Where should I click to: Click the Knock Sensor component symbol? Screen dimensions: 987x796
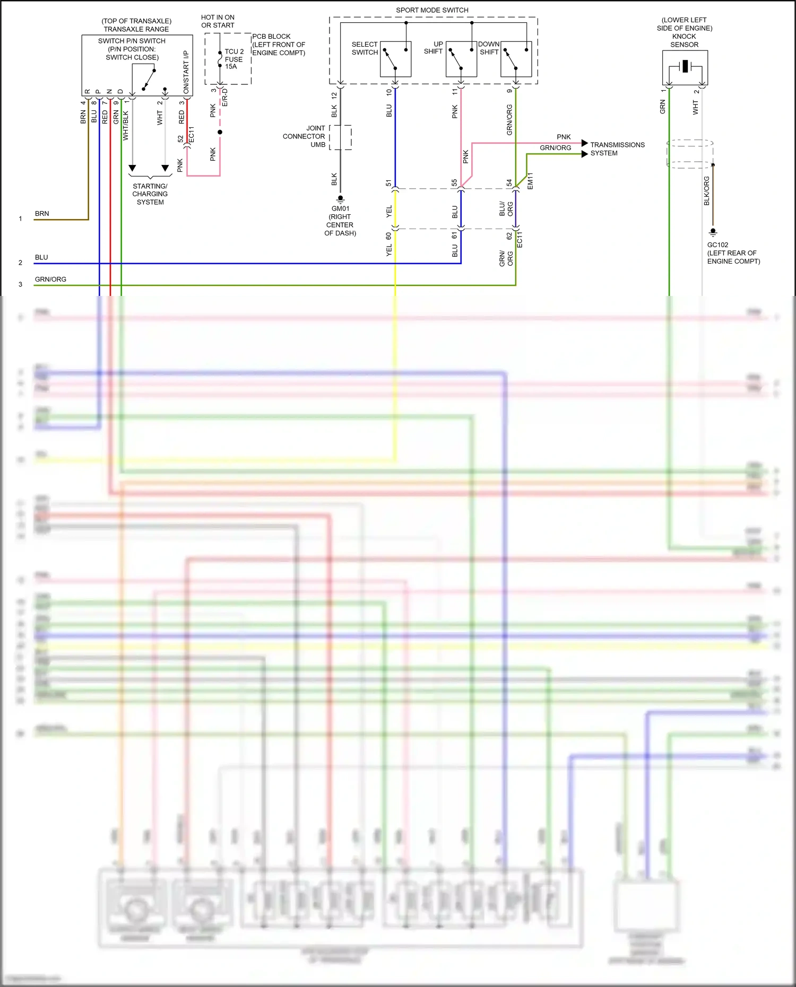(685, 67)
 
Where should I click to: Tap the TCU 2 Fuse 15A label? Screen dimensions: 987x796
(234, 59)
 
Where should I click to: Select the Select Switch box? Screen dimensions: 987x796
(395, 59)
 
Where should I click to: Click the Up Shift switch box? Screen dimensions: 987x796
(461, 59)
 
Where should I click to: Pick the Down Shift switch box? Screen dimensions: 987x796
(516, 59)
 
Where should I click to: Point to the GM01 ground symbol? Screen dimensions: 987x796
(340, 199)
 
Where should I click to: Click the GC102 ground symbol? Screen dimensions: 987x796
(713, 232)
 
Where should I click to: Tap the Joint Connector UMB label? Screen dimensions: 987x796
(304, 136)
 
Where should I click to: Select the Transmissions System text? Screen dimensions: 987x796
(617, 149)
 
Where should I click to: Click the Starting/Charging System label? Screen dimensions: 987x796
(150, 194)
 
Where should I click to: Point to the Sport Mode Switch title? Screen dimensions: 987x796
(432, 10)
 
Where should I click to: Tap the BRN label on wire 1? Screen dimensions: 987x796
(42, 214)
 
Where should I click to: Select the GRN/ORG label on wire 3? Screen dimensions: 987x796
(50, 279)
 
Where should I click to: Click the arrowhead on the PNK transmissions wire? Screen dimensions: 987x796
(585, 143)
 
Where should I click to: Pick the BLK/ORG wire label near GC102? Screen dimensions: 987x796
(706, 191)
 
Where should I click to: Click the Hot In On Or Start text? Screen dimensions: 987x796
(218, 21)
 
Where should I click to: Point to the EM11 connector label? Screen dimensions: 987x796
(530, 181)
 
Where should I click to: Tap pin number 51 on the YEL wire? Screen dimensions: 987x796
(388, 183)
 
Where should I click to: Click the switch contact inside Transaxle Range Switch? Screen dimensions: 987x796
(149, 79)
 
